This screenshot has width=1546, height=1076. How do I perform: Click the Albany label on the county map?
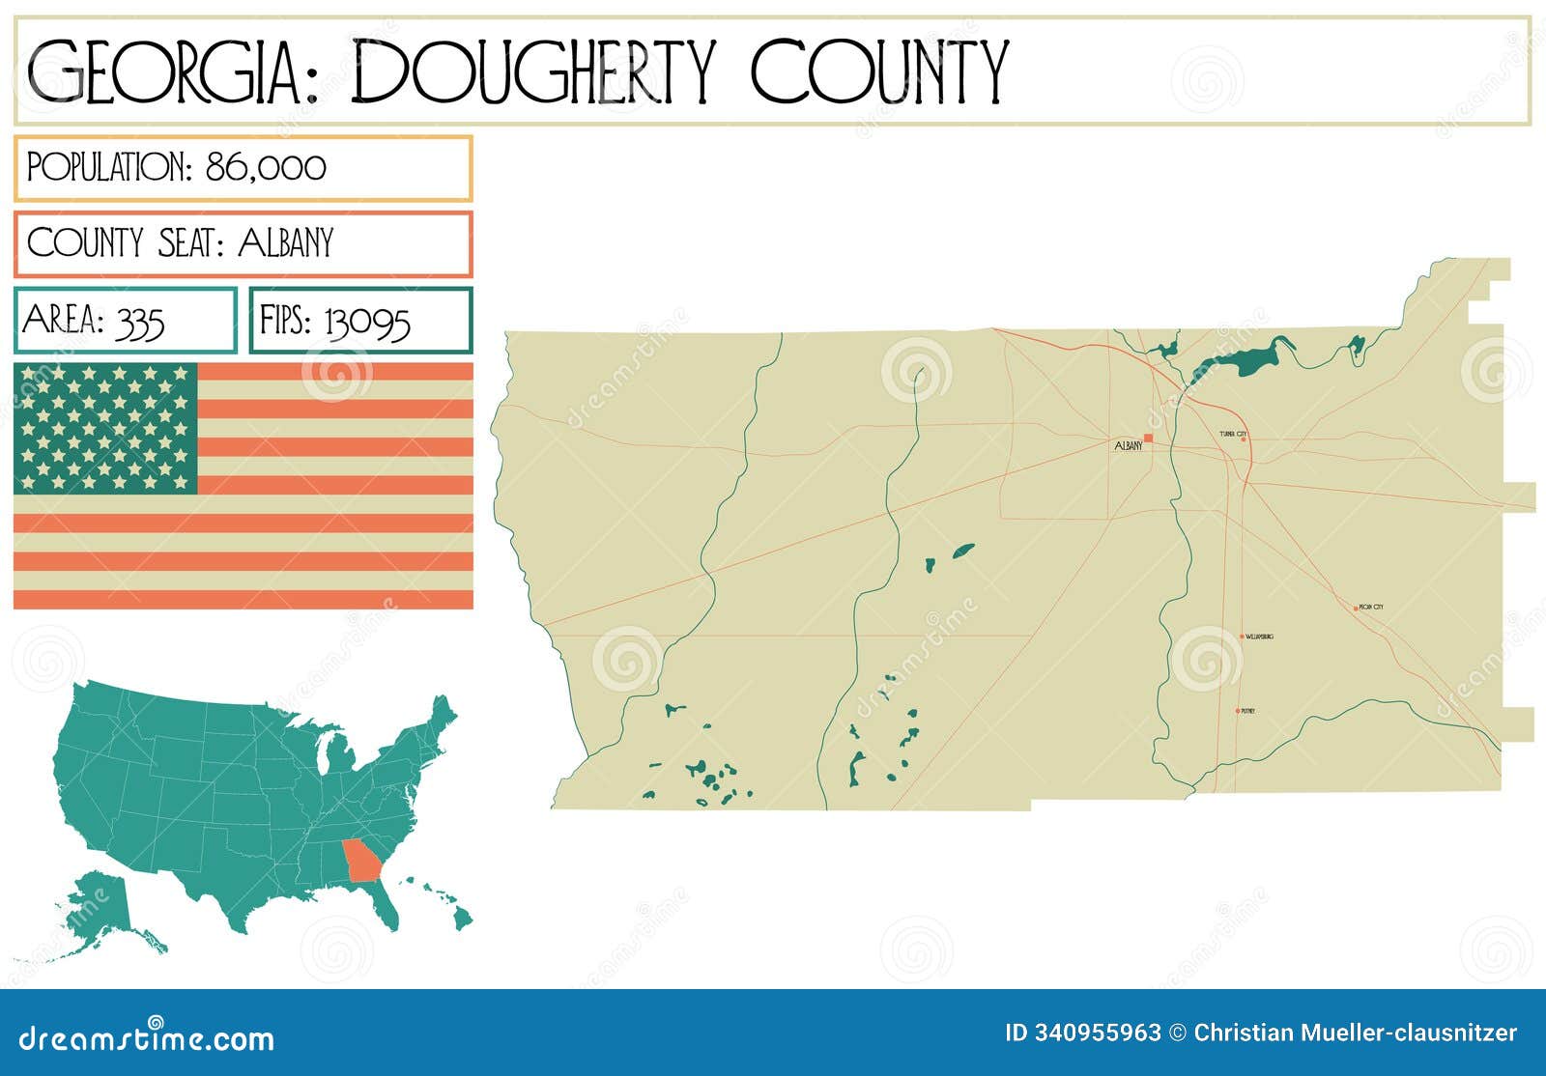(x=1128, y=446)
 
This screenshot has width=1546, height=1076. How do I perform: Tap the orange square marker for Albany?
(x=1148, y=439)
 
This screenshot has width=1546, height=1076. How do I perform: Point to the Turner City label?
(x=1233, y=435)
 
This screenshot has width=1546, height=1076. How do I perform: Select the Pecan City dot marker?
(x=1356, y=609)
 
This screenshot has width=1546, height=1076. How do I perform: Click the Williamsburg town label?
(x=1259, y=637)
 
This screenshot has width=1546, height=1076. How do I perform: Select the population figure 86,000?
(x=266, y=167)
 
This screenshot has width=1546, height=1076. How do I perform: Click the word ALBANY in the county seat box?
(x=285, y=242)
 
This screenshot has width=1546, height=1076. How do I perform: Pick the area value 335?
(x=139, y=321)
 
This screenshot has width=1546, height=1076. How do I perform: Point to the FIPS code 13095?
(x=367, y=321)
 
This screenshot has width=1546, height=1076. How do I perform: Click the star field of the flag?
(x=105, y=428)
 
